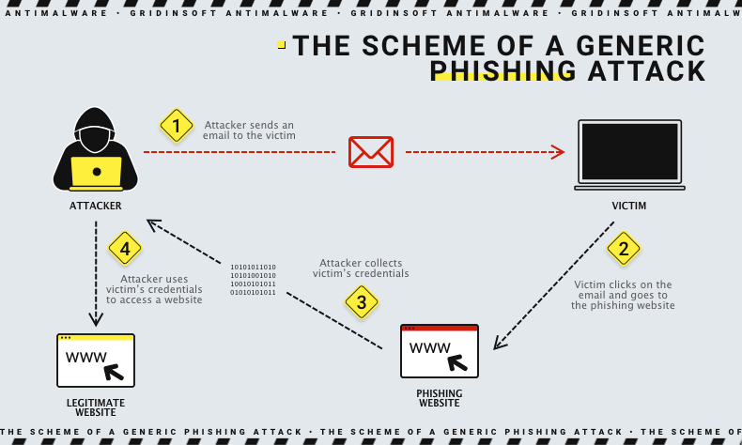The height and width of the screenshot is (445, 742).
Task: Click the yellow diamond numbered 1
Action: click(x=176, y=126)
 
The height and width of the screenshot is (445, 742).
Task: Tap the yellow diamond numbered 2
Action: click(x=623, y=249)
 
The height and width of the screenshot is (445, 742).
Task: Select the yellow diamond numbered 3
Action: click(x=361, y=301)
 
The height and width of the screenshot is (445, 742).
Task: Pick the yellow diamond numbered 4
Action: click(x=125, y=249)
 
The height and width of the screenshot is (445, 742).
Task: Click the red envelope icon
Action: click(x=370, y=151)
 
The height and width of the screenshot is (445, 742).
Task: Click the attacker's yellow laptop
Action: click(x=96, y=172)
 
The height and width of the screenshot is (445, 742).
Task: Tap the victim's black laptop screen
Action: click(x=629, y=152)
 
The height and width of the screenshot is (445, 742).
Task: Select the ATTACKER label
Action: click(x=96, y=206)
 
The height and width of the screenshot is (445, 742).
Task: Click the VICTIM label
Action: click(x=629, y=206)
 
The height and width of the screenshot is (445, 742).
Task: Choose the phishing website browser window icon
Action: click(x=440, y=351)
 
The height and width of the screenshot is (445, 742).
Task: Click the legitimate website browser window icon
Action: click(x=96, y=361)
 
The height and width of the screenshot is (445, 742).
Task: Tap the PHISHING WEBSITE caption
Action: click(x=440, y=398)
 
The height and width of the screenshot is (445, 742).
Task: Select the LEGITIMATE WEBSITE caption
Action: click(x=96, y=407)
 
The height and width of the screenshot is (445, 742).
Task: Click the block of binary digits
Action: click(x=254, y=280)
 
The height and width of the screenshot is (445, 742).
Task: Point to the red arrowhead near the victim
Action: click(x=558, y=152)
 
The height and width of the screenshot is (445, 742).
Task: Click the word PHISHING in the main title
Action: click(x=502, y=71)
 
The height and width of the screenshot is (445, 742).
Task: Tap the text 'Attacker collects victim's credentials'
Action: click(x=361, y=269)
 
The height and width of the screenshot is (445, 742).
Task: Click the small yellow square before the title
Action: click(x=281, y=45)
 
